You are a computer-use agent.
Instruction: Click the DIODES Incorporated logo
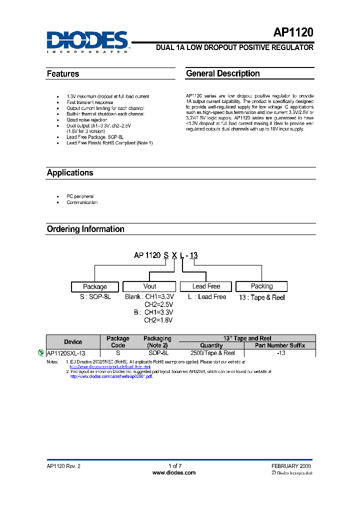point(88,41)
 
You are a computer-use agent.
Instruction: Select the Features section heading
point(63,74)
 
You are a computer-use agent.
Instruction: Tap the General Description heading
point(222,73)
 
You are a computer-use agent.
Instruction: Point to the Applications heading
point(70,173)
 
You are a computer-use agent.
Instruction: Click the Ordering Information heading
point(85,229)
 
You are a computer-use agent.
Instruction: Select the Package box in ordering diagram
point(95,287)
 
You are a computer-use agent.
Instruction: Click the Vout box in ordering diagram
point(149,286)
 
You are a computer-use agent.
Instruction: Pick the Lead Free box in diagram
point(206,286)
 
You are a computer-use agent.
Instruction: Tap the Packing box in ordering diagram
point(261,286)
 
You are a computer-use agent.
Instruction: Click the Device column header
point(73,342)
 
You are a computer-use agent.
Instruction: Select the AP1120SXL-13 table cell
point(65,353)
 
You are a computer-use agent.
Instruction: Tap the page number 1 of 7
point(175,466)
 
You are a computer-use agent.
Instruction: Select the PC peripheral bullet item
point(80,196)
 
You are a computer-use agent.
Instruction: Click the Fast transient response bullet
point(90,102)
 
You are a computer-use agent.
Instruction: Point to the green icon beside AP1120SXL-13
point(41,352)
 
